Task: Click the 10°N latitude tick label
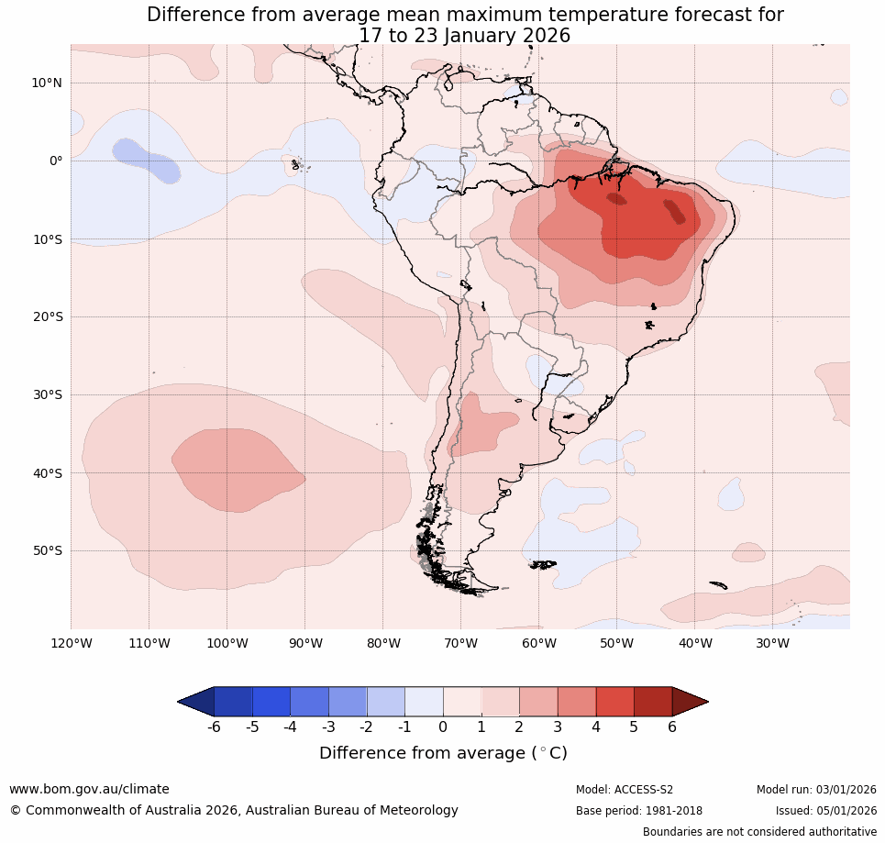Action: pos(47,83)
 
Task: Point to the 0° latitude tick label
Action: pos(56,161)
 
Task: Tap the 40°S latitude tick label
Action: pos(47,473)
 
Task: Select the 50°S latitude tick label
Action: pos(47,551)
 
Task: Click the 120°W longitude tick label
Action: pos(71,644)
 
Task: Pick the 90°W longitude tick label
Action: pos(305,644)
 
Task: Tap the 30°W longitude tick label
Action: pos(773,644)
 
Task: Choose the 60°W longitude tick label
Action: pos(539,644)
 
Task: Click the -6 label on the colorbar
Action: pos(213,727)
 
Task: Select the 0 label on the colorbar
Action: pos(443,727)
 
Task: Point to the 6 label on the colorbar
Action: pos(672,727)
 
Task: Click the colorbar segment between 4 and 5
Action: pos(614,702)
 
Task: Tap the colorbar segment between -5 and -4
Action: pos(271,702)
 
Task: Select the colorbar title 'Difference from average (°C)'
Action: pos(443,753)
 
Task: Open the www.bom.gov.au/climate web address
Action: pos(89,790)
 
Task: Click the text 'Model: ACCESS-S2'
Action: pos(625,790)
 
